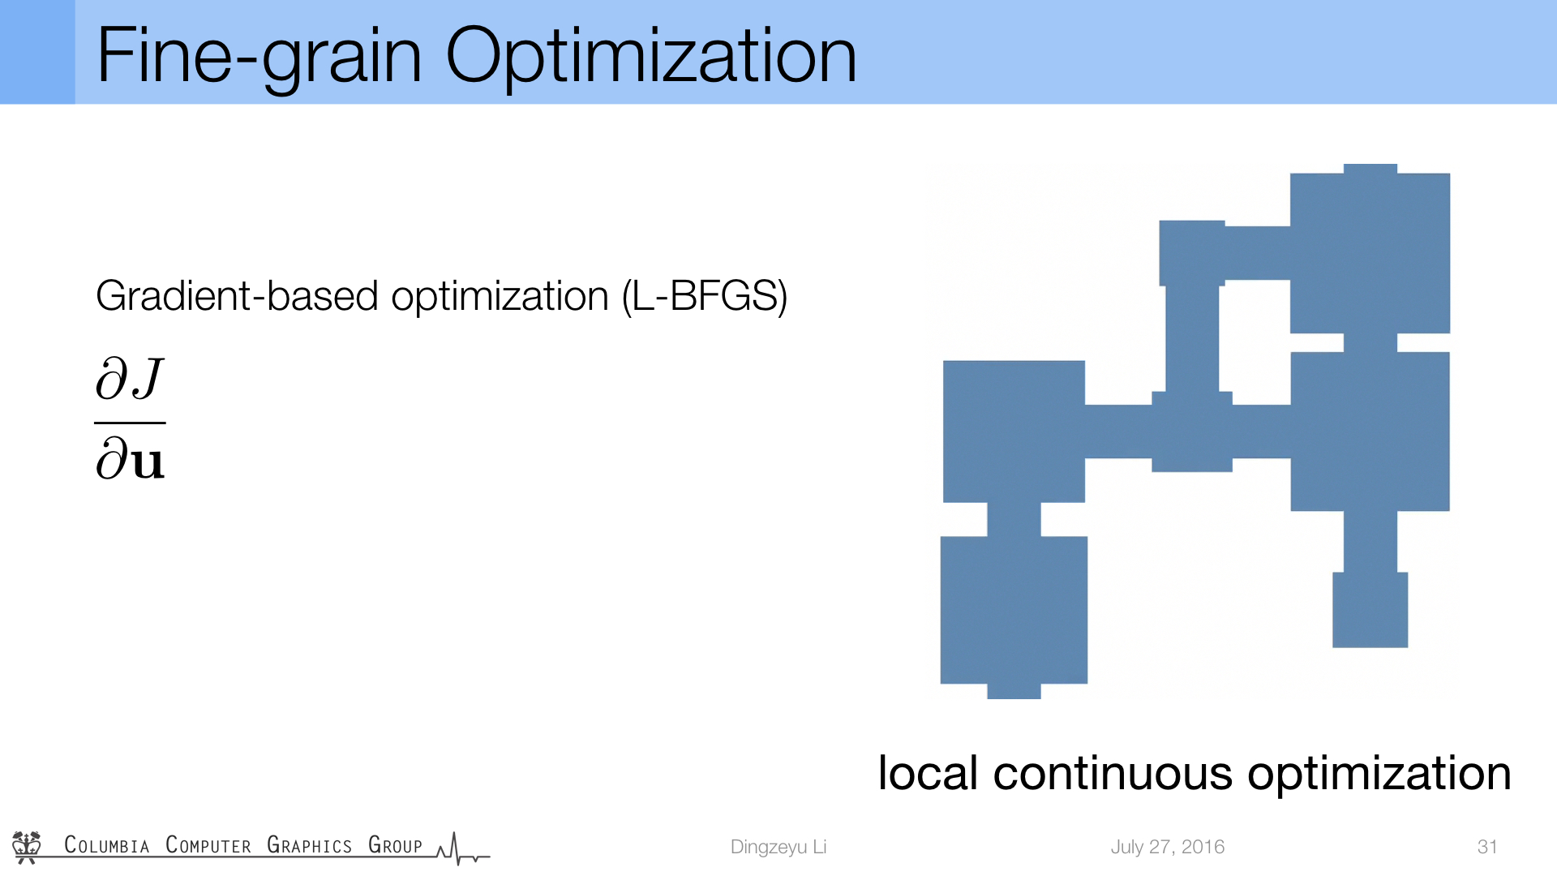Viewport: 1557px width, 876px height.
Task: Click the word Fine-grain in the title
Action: [x=259, y=57]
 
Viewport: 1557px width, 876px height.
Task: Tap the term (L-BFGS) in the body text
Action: [x=705, y=297]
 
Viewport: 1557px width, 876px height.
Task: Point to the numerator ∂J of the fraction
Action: [x=130, y=379]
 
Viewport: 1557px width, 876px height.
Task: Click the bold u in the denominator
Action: [x=148, y=462]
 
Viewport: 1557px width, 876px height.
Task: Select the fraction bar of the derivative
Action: [x=130, y=423]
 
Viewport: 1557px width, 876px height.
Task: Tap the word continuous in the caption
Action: [x=1112, y=774]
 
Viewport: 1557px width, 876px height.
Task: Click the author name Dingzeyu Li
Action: [x=778, y=847]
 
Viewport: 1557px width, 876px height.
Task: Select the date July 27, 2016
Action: [x=1167, y=847]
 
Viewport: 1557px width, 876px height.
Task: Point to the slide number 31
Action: [x=1487, y=847]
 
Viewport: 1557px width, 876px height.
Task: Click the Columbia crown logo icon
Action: [x=27, y=847]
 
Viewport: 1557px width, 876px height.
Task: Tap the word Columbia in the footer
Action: [x=107, y=845]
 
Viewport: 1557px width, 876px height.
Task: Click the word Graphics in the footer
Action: [x=309, y=845]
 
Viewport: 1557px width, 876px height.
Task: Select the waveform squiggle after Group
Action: [x=462, y=849]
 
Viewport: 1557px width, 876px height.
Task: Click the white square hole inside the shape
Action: [x=1255, y=342]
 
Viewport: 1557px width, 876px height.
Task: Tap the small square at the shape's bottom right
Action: [x=1370, y=610]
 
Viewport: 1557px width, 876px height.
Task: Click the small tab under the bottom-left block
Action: [x=1014, y=691]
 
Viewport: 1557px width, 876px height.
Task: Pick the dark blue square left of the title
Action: [x=37, y=52]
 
